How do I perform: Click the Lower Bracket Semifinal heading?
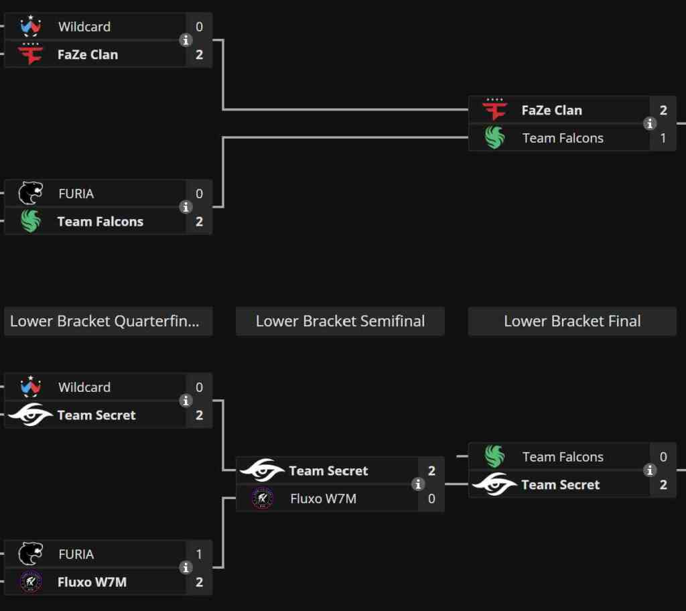pyautogui.click(x=340, y=322)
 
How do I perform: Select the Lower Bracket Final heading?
pyautogui.click(x=572, y=322)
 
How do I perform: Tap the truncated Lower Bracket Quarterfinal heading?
pyautogui.click(x=108, y=322)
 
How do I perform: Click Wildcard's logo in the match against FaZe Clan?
pyautogui.click(x=31, y=27)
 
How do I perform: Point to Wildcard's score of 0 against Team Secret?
pyautogui.click(x=199, y=387)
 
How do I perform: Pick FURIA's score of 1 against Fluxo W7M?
pyautogui.click(x=199, y=554)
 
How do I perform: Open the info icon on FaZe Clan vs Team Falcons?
pyautogui.click(x=650, y=124)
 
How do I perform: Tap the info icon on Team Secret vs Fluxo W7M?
pyautogui.click(x=418, y=484)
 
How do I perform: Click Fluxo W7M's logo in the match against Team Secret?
pyautogui.click(x=262, y=498)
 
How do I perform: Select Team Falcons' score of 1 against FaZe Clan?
pyautogui.click(x=663, y=138)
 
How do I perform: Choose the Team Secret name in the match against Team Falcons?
pyautogui.click(x=560, y=484)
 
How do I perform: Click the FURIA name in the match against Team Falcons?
pyautogui.click(x=76, y=194)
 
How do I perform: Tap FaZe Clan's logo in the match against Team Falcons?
pyautogui.click(x=495, y=110)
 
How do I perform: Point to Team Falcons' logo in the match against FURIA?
pyautogui.click(x=31, y=221)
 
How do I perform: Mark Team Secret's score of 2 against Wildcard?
pyautogui.click(x=199, y=415)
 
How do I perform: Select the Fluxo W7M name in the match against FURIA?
pyautogui.click(x=92, y=582)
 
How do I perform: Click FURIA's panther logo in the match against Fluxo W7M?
pyautogui.click(x=31, y=554)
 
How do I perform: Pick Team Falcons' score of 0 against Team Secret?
pyautogui.click(x=663, y=457)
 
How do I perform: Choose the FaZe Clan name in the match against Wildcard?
pyautogui.click(x=88, y=55)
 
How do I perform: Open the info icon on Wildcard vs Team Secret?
pyautogui.click(x=186, y=401)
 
